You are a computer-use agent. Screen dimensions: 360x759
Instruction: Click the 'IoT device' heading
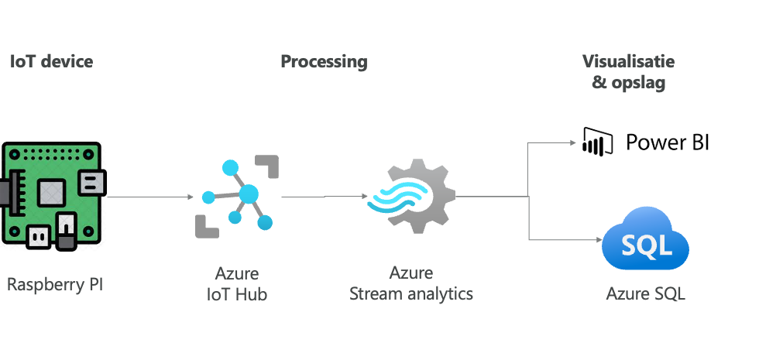pos(51,62)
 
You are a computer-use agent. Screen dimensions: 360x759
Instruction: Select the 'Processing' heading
pos(324,62)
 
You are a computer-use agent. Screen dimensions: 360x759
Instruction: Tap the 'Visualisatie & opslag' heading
pos(628,71)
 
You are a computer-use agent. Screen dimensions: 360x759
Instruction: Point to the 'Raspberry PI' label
pos(54,285)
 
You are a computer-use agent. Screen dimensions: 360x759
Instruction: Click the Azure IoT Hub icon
pos(236,196)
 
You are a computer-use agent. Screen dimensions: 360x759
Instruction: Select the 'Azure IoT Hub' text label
pos(237,283)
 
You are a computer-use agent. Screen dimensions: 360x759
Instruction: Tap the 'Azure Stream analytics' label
pos(410,283)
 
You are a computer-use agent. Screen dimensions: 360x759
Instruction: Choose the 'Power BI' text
pos(667,142)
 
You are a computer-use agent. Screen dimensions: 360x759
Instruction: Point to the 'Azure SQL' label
pos(646,294)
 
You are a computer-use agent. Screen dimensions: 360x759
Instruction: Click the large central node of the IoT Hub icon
pos(249,194)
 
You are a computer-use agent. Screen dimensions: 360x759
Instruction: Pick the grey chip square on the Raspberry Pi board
pos(52,190)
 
